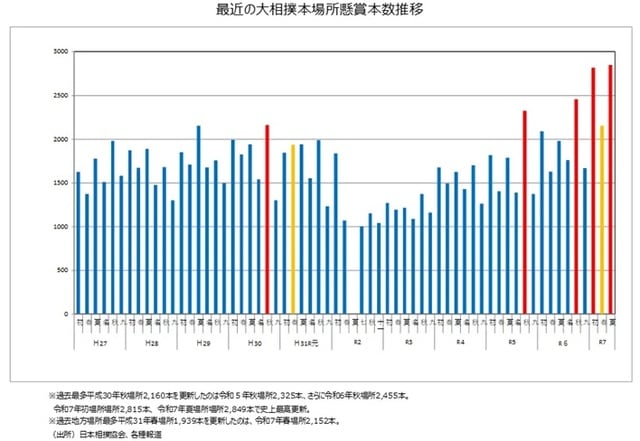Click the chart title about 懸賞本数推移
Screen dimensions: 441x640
319,11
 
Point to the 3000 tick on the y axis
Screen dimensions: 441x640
60,51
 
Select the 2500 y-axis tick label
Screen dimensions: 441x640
60,95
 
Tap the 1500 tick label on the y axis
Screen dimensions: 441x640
60,182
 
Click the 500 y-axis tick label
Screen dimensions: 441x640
62,270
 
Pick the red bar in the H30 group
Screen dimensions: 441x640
267,219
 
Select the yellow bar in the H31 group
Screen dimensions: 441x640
293,229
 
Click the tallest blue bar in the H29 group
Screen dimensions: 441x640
198,219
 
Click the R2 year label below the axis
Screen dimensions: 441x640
357,342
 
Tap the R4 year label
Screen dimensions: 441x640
460,342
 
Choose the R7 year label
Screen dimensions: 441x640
602,342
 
